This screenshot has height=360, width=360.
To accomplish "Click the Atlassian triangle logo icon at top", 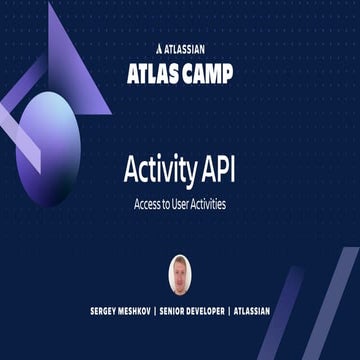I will coord(161,46).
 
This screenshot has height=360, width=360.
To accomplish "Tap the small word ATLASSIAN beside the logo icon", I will coord(185,46).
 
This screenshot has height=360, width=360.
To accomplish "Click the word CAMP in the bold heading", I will coord(208,72).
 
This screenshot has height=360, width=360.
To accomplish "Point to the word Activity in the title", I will coord(157,169).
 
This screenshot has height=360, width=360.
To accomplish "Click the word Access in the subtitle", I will coord(147,202).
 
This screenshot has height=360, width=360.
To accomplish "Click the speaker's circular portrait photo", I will coord(180,274).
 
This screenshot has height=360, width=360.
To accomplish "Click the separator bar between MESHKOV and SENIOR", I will coord(167,311).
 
